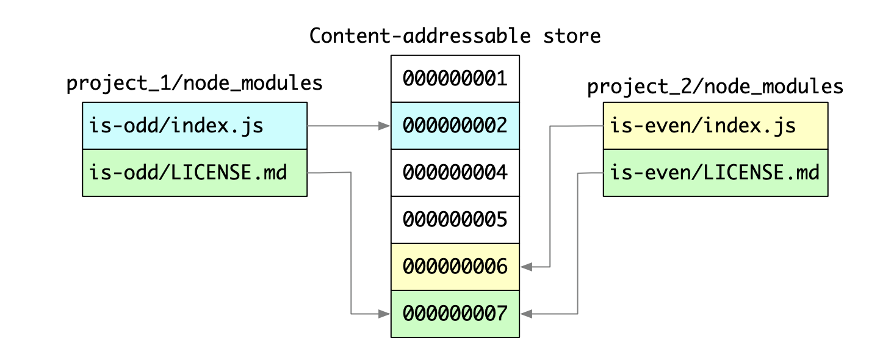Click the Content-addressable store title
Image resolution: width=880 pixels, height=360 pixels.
coord(455,36)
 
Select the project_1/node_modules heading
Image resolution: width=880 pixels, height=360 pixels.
coord(194,83)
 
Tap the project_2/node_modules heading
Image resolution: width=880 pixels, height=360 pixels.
coord(715,87)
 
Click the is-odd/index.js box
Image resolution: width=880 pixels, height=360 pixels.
coord(194,126)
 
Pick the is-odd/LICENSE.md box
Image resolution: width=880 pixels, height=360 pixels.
coord(194,173)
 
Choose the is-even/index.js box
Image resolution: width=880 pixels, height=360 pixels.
coord(715,126)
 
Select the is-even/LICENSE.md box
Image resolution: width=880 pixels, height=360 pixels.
coord(715,173)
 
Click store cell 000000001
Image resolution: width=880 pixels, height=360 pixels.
coord(455,79)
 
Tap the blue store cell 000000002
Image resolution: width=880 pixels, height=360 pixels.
coord(455,126)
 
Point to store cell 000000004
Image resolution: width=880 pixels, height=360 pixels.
coord(455,173)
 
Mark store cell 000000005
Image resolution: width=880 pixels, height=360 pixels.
coord(455,220)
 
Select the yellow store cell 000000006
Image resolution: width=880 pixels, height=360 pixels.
coord(455,267)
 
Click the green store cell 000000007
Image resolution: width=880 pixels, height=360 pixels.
coord(455,314)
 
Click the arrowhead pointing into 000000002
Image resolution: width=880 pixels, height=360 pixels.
coord(384,126)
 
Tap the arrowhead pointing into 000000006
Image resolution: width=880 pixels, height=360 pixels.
coord(527,267)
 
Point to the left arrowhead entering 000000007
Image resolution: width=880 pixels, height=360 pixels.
coord(384,314)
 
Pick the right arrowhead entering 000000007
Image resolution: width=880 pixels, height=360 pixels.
coord(527,314)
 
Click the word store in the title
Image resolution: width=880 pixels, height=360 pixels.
coord(572,36)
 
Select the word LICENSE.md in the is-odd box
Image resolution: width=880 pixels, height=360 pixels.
coord(228,173)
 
